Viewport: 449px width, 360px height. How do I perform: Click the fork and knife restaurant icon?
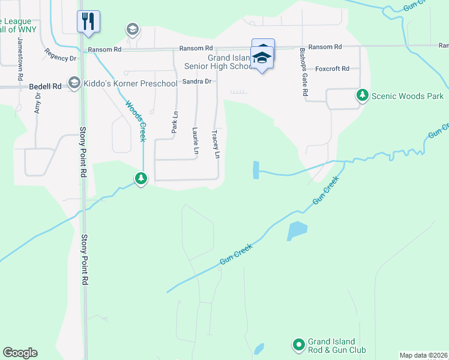pyautogui.click(x=88, y=21)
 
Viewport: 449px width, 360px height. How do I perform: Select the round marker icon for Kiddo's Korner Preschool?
pyautogui.click(x=74, y=83)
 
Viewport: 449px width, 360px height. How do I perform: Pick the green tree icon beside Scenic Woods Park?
pyautogui.click(x=363, y=95)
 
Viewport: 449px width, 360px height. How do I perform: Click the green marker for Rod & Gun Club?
pyautogui.click(x=298, y=344)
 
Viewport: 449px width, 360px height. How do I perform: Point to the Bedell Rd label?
pyautogui.click(x=45, y=86)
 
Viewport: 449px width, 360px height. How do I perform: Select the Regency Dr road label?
pyautogui.click(x=61, y=58)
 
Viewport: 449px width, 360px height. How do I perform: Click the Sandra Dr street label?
pyautogui.click(x=197, y=81)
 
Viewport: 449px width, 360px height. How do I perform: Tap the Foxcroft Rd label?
pyautogui.click(x=332, y=69)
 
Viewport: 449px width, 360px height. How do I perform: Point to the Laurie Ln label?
pyautogui.click(x=195, y=142)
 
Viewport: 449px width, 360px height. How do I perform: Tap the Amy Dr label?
pyautogui.click(x=37, y=103)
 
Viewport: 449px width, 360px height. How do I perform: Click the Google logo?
pyautogui.click(x=20, y=353)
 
